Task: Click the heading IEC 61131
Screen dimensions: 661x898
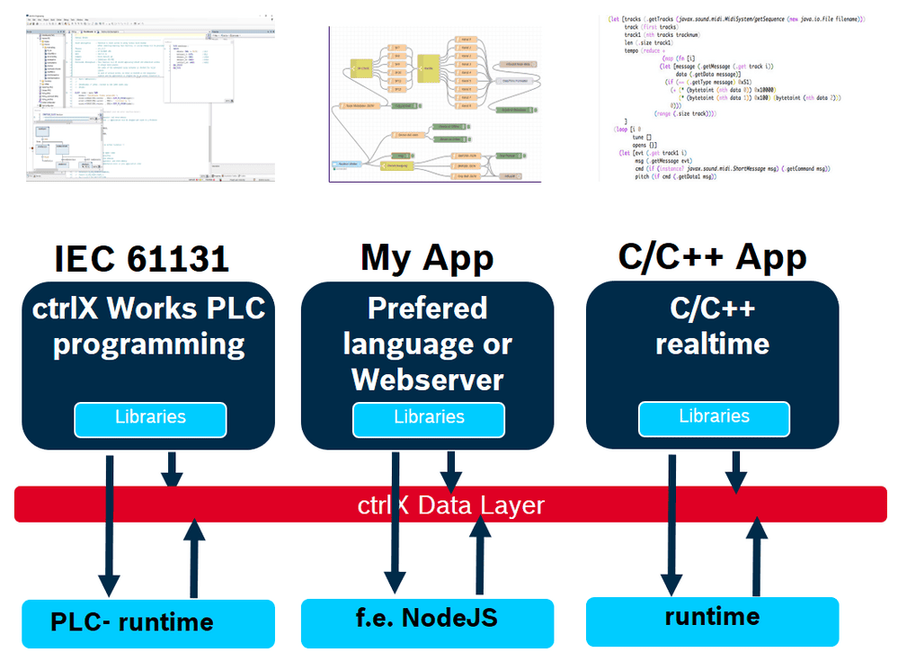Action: click(x=142, y=259)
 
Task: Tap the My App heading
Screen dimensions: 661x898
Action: click(x=427, y=258)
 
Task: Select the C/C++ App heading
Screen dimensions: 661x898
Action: click(x=712, y=257)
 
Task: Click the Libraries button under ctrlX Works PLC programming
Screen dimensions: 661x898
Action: click(x=150, y=418)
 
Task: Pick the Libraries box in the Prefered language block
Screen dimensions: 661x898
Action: click(x=429, y=418)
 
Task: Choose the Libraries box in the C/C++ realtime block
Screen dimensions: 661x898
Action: click(x=714, y=417)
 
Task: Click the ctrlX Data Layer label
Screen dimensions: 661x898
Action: click(x=450, y=505)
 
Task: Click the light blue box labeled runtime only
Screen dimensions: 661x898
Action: click(x=712, y=618)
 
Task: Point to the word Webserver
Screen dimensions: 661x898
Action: click(x=427, y=380)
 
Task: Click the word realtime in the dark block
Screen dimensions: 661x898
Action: click(x=712, y=344)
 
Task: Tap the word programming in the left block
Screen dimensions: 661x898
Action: click(x=149, y=344)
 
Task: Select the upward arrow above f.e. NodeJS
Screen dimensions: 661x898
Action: click(x=481, y=558)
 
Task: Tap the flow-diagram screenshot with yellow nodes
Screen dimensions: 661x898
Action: click(x=435, y=103)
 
